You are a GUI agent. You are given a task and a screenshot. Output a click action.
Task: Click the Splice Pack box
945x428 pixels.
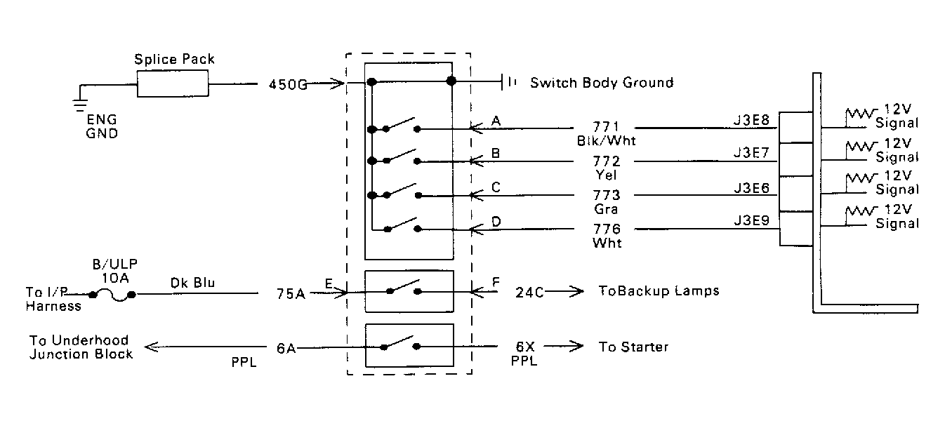click(x=173, y=85)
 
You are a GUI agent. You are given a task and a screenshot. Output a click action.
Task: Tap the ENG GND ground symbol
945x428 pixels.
click(x=80, y=106)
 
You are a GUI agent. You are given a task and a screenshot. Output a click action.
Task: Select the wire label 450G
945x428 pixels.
click(x=288, y=85)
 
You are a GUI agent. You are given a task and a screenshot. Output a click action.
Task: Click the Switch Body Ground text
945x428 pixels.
click(x=601, y=83)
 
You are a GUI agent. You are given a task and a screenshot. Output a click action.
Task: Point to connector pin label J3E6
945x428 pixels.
click(x=751, y=188)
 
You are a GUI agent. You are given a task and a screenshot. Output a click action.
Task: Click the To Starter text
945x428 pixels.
click(x=633, y=347)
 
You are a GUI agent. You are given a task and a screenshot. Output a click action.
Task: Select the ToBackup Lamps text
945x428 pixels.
click(x=659, y=290)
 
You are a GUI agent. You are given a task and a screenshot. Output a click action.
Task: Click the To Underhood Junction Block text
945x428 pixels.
click(x=81, y=347)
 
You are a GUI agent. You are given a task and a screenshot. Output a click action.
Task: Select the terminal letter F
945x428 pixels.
click(x=496, y=282)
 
